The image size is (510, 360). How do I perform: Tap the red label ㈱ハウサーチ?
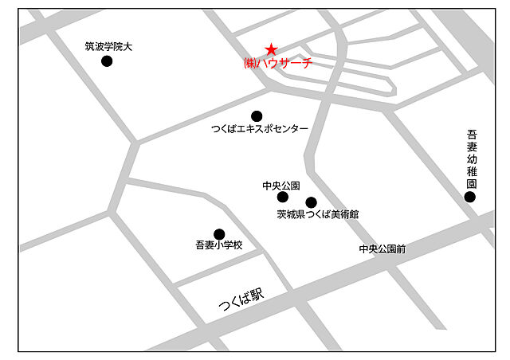pos(277,63)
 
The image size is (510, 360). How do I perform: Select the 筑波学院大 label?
pos(108,46)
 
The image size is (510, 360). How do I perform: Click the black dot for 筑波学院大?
pos(107,61)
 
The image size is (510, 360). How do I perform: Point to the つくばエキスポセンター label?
pos(259,129)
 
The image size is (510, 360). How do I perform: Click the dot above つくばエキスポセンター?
pos(257,115)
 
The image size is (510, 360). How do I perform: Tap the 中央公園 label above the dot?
pos(280,185)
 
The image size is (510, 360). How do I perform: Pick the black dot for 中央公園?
pos(282,197)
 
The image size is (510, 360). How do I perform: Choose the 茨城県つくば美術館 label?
pos(318,214)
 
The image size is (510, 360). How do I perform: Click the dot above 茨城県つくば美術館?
pos(311,202)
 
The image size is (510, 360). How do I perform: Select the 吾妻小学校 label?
pos(218,246)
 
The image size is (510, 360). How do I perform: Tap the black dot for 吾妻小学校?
pos(219,233)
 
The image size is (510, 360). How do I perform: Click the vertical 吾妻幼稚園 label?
pos(471,158)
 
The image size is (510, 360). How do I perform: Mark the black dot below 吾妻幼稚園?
pos(470,196)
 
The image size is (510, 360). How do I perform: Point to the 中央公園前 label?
pos(382,249)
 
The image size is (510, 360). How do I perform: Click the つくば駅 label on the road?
pos(241,301)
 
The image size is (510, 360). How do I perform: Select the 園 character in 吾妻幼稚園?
pos(471,182)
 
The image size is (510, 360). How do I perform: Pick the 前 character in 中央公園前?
pos(401,249)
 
